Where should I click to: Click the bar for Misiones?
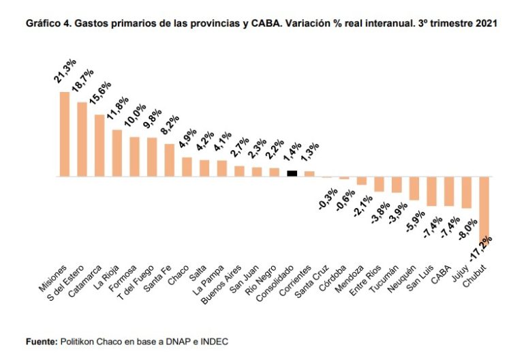point(65,134)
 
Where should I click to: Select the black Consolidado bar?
point(292,173)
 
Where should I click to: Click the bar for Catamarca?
point(99,145)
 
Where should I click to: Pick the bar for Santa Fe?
point(170,160)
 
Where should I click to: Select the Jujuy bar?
point(467,192)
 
